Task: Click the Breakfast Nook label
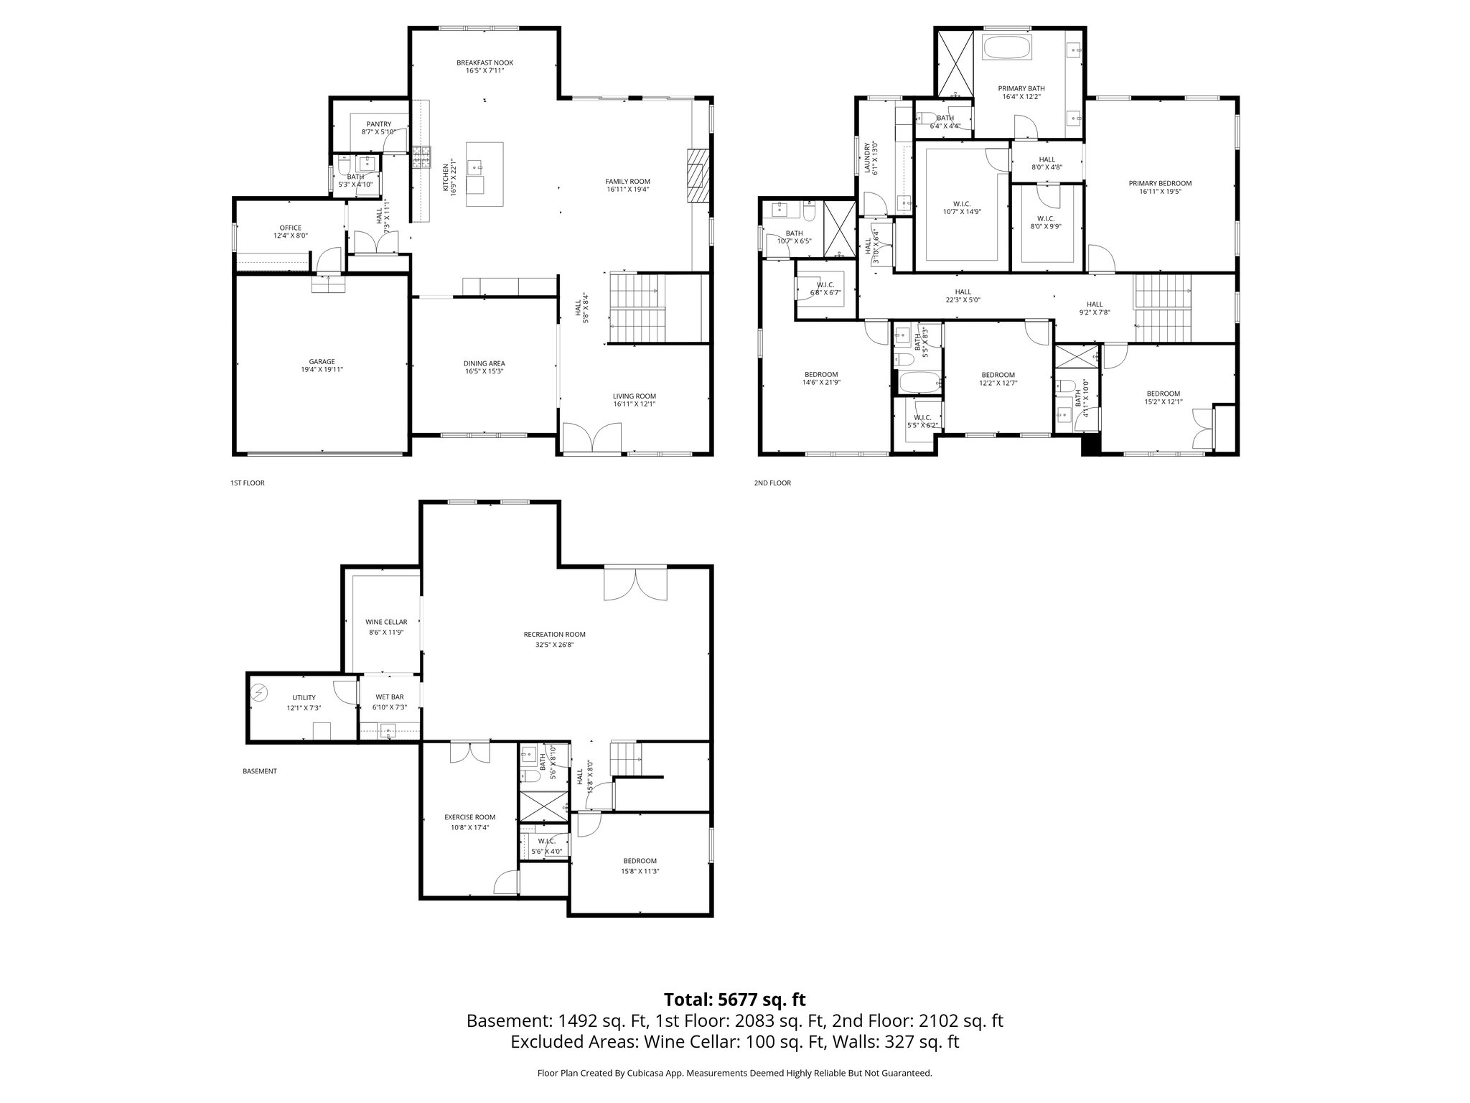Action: pos(484,62)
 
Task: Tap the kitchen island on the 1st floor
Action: pos(484,174)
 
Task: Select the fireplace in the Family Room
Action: pos(697,177)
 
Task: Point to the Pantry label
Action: pos(378,124)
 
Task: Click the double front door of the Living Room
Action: pos(591,439)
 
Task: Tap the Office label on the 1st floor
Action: pos(291,228)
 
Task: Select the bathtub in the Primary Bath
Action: pos(1006,48)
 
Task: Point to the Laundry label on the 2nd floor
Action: pos(867,157)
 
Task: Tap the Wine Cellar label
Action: pos(386,622)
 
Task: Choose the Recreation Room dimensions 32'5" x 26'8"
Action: pos(554,645)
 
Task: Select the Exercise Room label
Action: pos(469,816)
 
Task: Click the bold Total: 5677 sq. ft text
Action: pos(734,999)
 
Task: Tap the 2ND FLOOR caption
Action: pos(772,483)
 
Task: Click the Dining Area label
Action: pos(484,363)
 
